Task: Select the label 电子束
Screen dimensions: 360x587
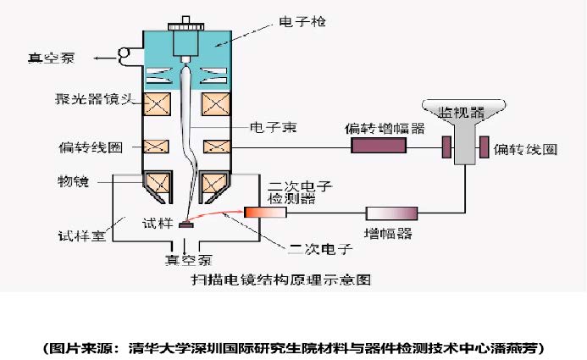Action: point(271,127)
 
